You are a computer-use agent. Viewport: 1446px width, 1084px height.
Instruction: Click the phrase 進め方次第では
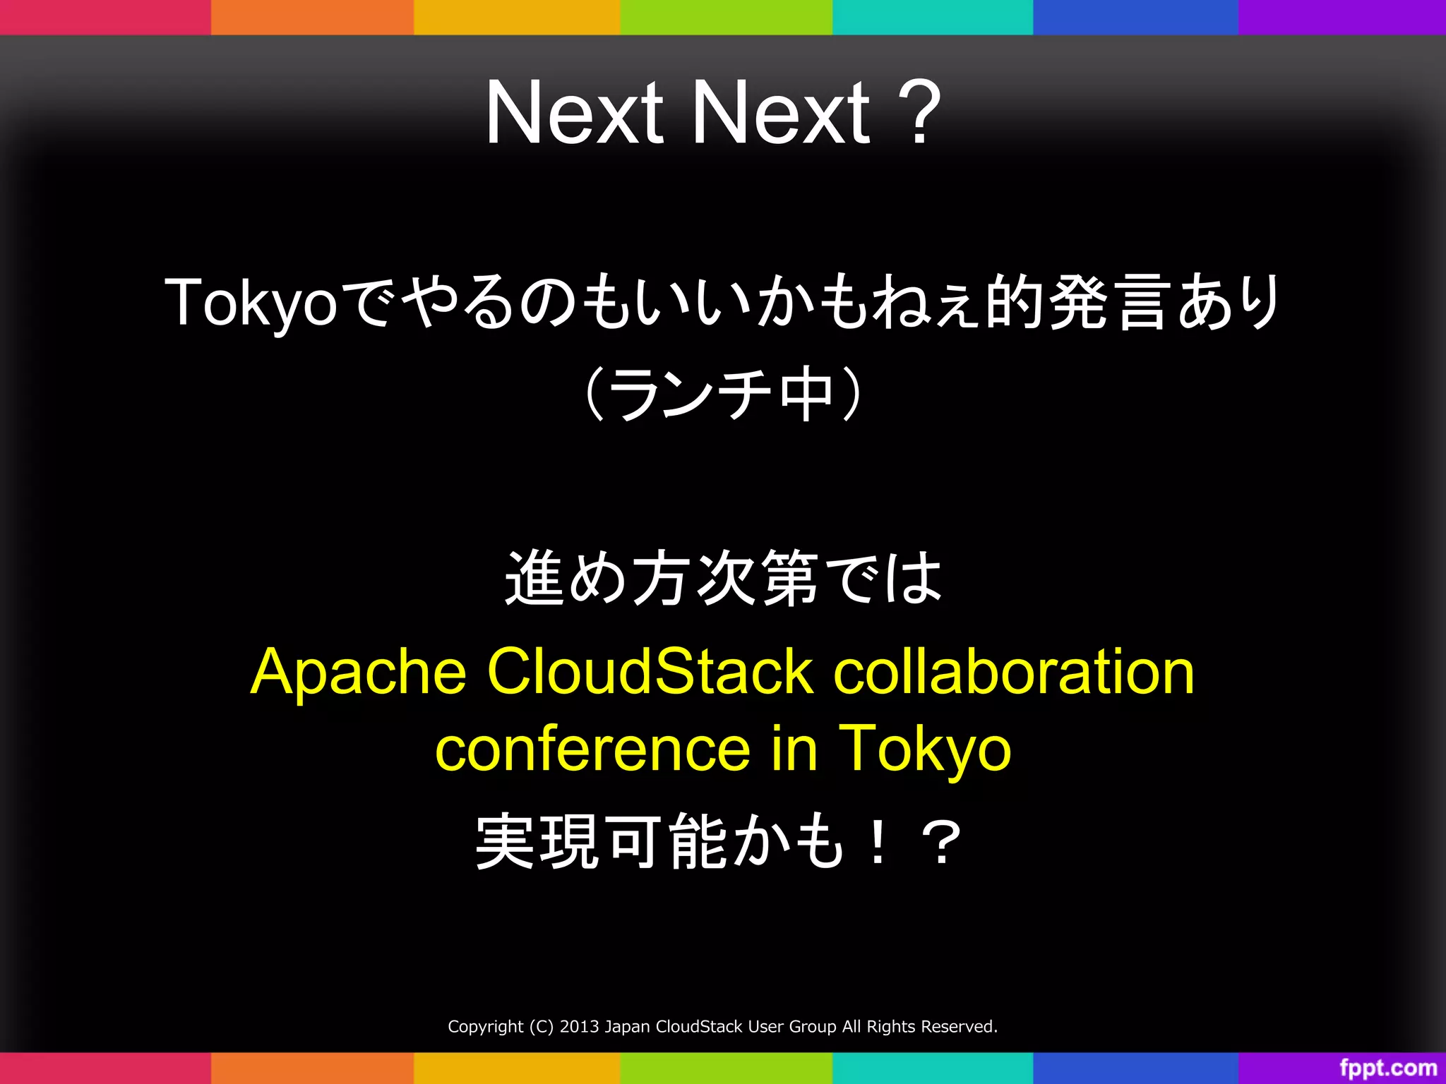click(x=723, y=579)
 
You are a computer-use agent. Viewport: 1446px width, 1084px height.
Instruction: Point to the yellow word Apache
click(x=359, y=673)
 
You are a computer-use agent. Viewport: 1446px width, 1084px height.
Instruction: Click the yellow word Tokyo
click(x=925, y=749)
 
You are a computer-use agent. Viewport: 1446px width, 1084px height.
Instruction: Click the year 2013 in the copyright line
click(x=580, y=1027)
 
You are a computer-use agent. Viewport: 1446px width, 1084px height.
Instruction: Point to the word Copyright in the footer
click(x=486, y=1027)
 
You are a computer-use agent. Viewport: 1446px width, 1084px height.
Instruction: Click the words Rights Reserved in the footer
click(x=932, y=1027)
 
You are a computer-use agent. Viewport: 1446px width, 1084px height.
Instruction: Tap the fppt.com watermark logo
click(x=1388, y=1068)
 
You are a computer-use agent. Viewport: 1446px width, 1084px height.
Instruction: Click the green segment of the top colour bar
click(x=726, y=17)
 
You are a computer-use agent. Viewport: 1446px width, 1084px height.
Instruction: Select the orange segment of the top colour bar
click(x=312, y=17)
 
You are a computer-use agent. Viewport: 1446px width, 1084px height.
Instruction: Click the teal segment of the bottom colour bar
click(x=932, y=1068)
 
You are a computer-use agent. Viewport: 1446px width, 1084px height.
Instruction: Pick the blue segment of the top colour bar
click(x=1135, y=17)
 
